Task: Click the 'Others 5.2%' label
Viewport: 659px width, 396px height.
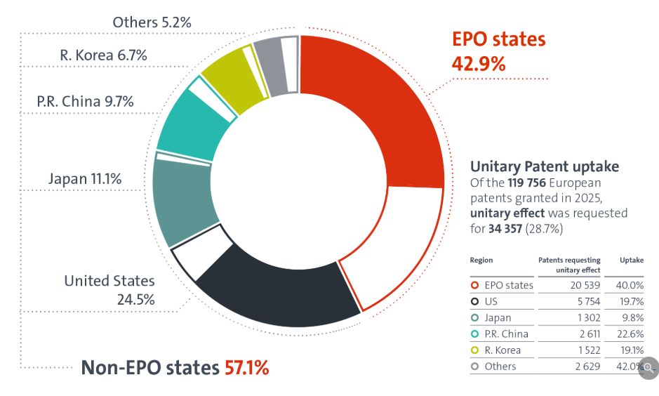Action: point(152,22)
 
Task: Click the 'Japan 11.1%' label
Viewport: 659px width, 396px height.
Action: point(85,179)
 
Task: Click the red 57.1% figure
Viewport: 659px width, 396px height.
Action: point(247,367)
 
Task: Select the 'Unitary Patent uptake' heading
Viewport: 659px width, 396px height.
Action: point(545,167)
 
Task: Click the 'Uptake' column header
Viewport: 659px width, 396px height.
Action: point(631,260)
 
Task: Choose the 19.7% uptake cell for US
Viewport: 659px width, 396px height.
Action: point(631,301)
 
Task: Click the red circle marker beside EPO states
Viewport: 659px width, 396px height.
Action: point(475,285)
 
